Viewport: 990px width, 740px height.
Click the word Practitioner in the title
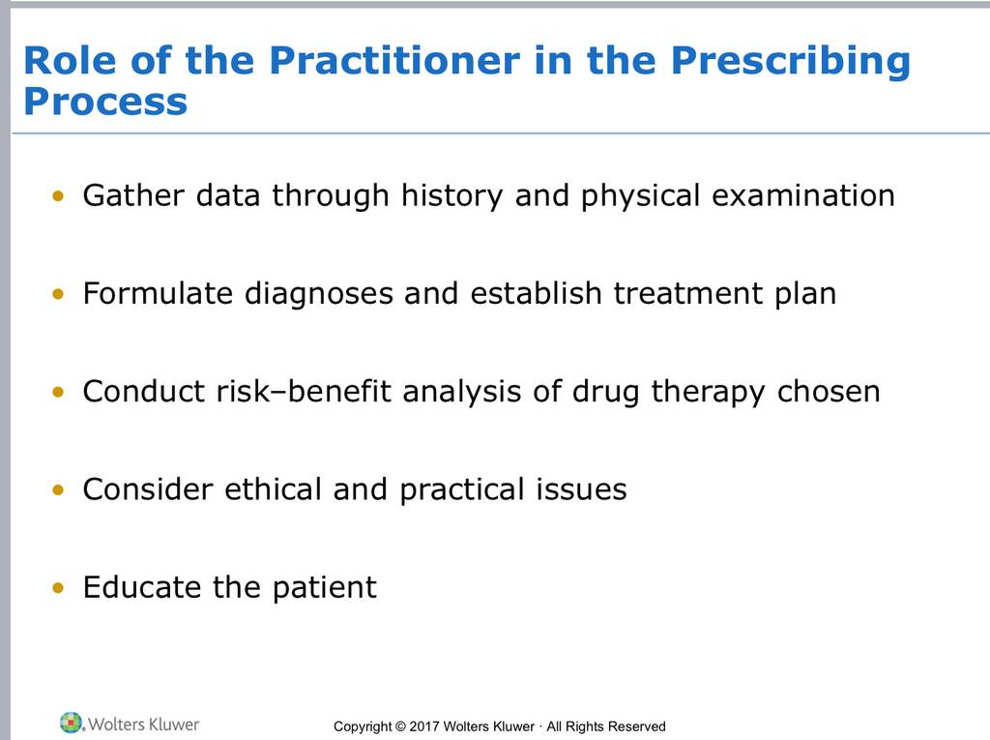[x=394, y=61]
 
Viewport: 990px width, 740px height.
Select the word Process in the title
[x=105, y=102]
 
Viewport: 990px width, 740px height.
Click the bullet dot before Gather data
[x=58, y=196]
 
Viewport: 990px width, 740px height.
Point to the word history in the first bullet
[x=452, y=196]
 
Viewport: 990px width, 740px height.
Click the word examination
[x=803, y=195]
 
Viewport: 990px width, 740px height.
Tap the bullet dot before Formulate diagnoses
[x=58, y=294]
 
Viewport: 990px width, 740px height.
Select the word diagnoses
[x=319, y=294]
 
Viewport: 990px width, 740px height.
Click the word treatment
[x=688, y=294]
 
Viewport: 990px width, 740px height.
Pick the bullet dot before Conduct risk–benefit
[x=58, y=392]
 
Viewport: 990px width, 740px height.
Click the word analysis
[x=461, y=393]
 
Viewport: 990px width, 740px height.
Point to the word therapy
[x=708, y=393]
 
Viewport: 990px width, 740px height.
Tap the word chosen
[x=829, y=392]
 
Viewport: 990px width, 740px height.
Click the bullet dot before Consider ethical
[x=58, y=489]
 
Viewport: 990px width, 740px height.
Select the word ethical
[x=273, y=489]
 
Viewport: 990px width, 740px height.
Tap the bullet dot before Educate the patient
[x=58, y=588]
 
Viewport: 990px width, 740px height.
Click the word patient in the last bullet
[x=325, y=588]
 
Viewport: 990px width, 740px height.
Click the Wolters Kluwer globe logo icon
[x=72, y=723]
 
